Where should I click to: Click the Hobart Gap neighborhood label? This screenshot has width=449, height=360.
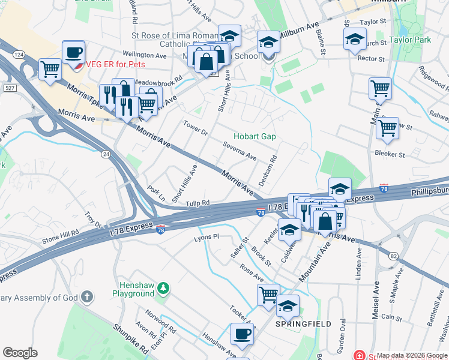[255, 137]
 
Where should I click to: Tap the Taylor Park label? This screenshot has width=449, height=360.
[410, 40]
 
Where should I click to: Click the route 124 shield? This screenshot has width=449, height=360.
[19, 55]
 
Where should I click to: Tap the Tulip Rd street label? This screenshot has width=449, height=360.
[197, 203]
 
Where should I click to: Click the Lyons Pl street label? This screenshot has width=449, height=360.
[204, 238]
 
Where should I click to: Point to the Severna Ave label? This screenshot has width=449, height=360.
[240, 151]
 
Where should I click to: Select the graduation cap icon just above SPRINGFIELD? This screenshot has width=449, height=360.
[288, 307]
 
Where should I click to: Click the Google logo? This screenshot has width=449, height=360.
[20, 353]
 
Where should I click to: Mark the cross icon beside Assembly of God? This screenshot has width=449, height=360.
[87, 296]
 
